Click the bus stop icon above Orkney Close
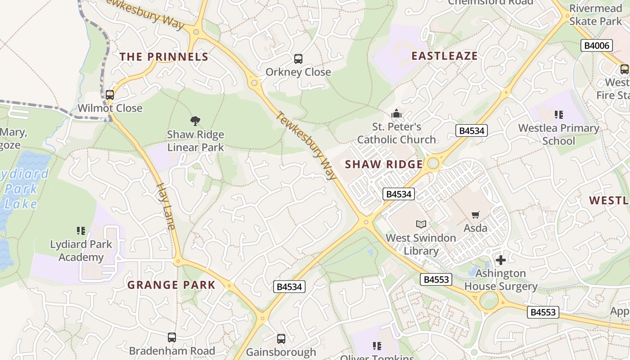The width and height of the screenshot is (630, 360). point(298,58)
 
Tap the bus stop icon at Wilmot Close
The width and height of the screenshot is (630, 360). point(110,95)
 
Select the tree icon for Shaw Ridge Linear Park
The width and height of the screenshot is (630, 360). point(195,121)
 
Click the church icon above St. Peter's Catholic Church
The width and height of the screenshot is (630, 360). point(396,113)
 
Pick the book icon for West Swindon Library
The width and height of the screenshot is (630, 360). point(421,224)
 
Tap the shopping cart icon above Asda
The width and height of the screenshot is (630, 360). point(476,215)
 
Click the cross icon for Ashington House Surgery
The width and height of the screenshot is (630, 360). point(500,260)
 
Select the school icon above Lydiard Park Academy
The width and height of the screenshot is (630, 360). point(81,231)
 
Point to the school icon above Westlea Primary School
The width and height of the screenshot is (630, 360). point(559,115)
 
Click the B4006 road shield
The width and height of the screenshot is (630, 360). point(596,45)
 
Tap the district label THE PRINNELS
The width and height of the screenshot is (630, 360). point(164,57)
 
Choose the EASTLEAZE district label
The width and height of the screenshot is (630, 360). point(445,56)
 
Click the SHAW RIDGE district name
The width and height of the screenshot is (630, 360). point(384,164)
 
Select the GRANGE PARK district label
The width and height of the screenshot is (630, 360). point(171,285)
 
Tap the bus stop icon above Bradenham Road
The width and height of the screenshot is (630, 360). point(171,337)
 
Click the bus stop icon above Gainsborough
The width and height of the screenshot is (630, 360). point(281,339)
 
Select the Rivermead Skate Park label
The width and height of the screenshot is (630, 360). point(595,15)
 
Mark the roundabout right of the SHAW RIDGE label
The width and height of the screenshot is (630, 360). point(433,163)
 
